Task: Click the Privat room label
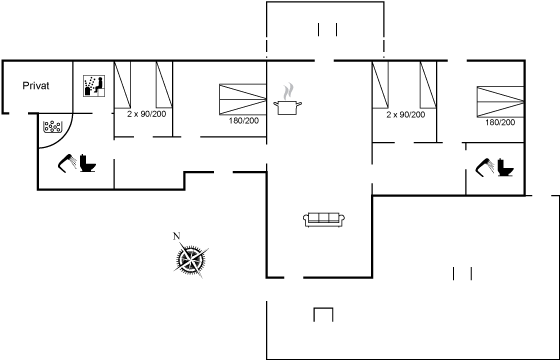point(36,86)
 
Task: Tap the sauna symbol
point(94,86)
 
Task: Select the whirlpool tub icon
point(52,126)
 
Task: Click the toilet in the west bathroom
point(88,163)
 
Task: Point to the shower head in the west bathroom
point(67,163)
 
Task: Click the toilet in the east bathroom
point(505,167)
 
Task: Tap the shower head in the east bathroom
point(485,168)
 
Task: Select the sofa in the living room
point(324,219)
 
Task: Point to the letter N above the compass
point(176,236)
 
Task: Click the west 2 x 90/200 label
point(147,114)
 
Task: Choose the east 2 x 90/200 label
point(406,115)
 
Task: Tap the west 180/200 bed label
point(244,121)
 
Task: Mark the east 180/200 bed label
point(500,122)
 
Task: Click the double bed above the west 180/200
point(243,99)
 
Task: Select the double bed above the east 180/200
point(501,101)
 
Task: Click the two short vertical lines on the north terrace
point(328,30)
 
